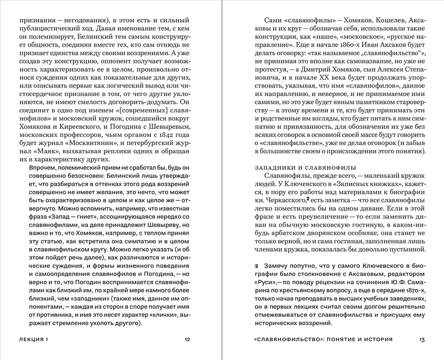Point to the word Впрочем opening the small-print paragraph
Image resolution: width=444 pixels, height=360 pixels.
tap(42, 172)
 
